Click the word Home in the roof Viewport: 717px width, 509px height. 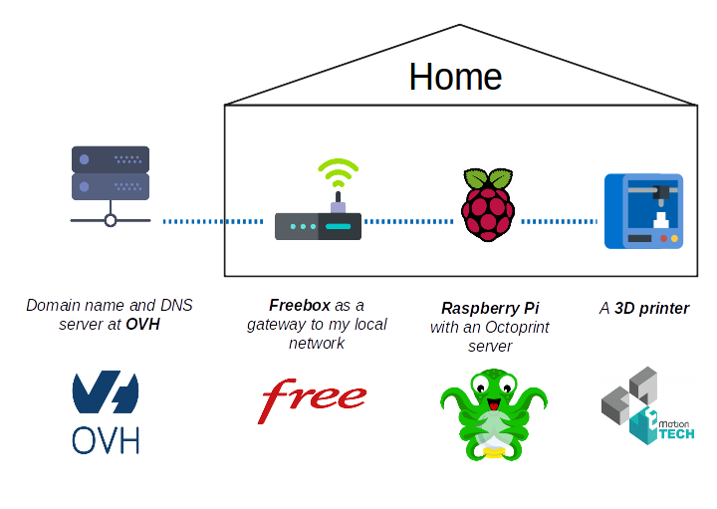(x=455, y=77)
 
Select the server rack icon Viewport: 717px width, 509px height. (x=110, y=184)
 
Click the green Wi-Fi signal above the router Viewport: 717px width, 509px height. (x=338, y=175)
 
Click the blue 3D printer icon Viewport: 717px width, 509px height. (x=643, y=211)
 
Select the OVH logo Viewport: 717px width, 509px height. (x=105, y=411)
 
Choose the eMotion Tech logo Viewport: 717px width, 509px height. (x=647, y=405)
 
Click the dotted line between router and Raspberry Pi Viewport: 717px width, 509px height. (x=410, y=221)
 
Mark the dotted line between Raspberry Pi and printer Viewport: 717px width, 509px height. (x=560, y=221)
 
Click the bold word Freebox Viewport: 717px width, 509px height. (x=299, y=305)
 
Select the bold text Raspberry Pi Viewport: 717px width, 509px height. (x=490, y=308)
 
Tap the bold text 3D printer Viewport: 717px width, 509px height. (x=651, y=308)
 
